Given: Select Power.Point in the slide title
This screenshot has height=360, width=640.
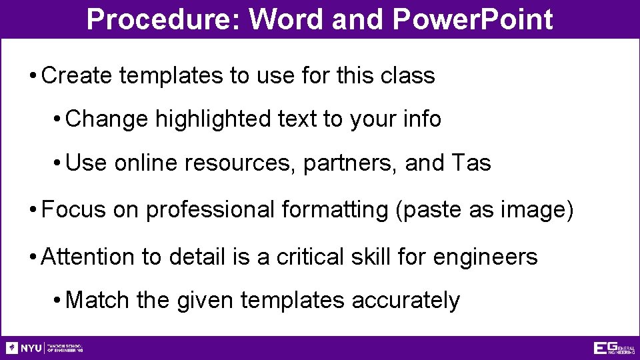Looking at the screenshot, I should tap(473, 19).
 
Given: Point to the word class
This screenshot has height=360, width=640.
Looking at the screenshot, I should tap(407, 75).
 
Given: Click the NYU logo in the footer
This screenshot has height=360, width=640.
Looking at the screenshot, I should tap(24, 348).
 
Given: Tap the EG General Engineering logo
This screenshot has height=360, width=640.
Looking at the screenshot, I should tap(614, 348).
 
